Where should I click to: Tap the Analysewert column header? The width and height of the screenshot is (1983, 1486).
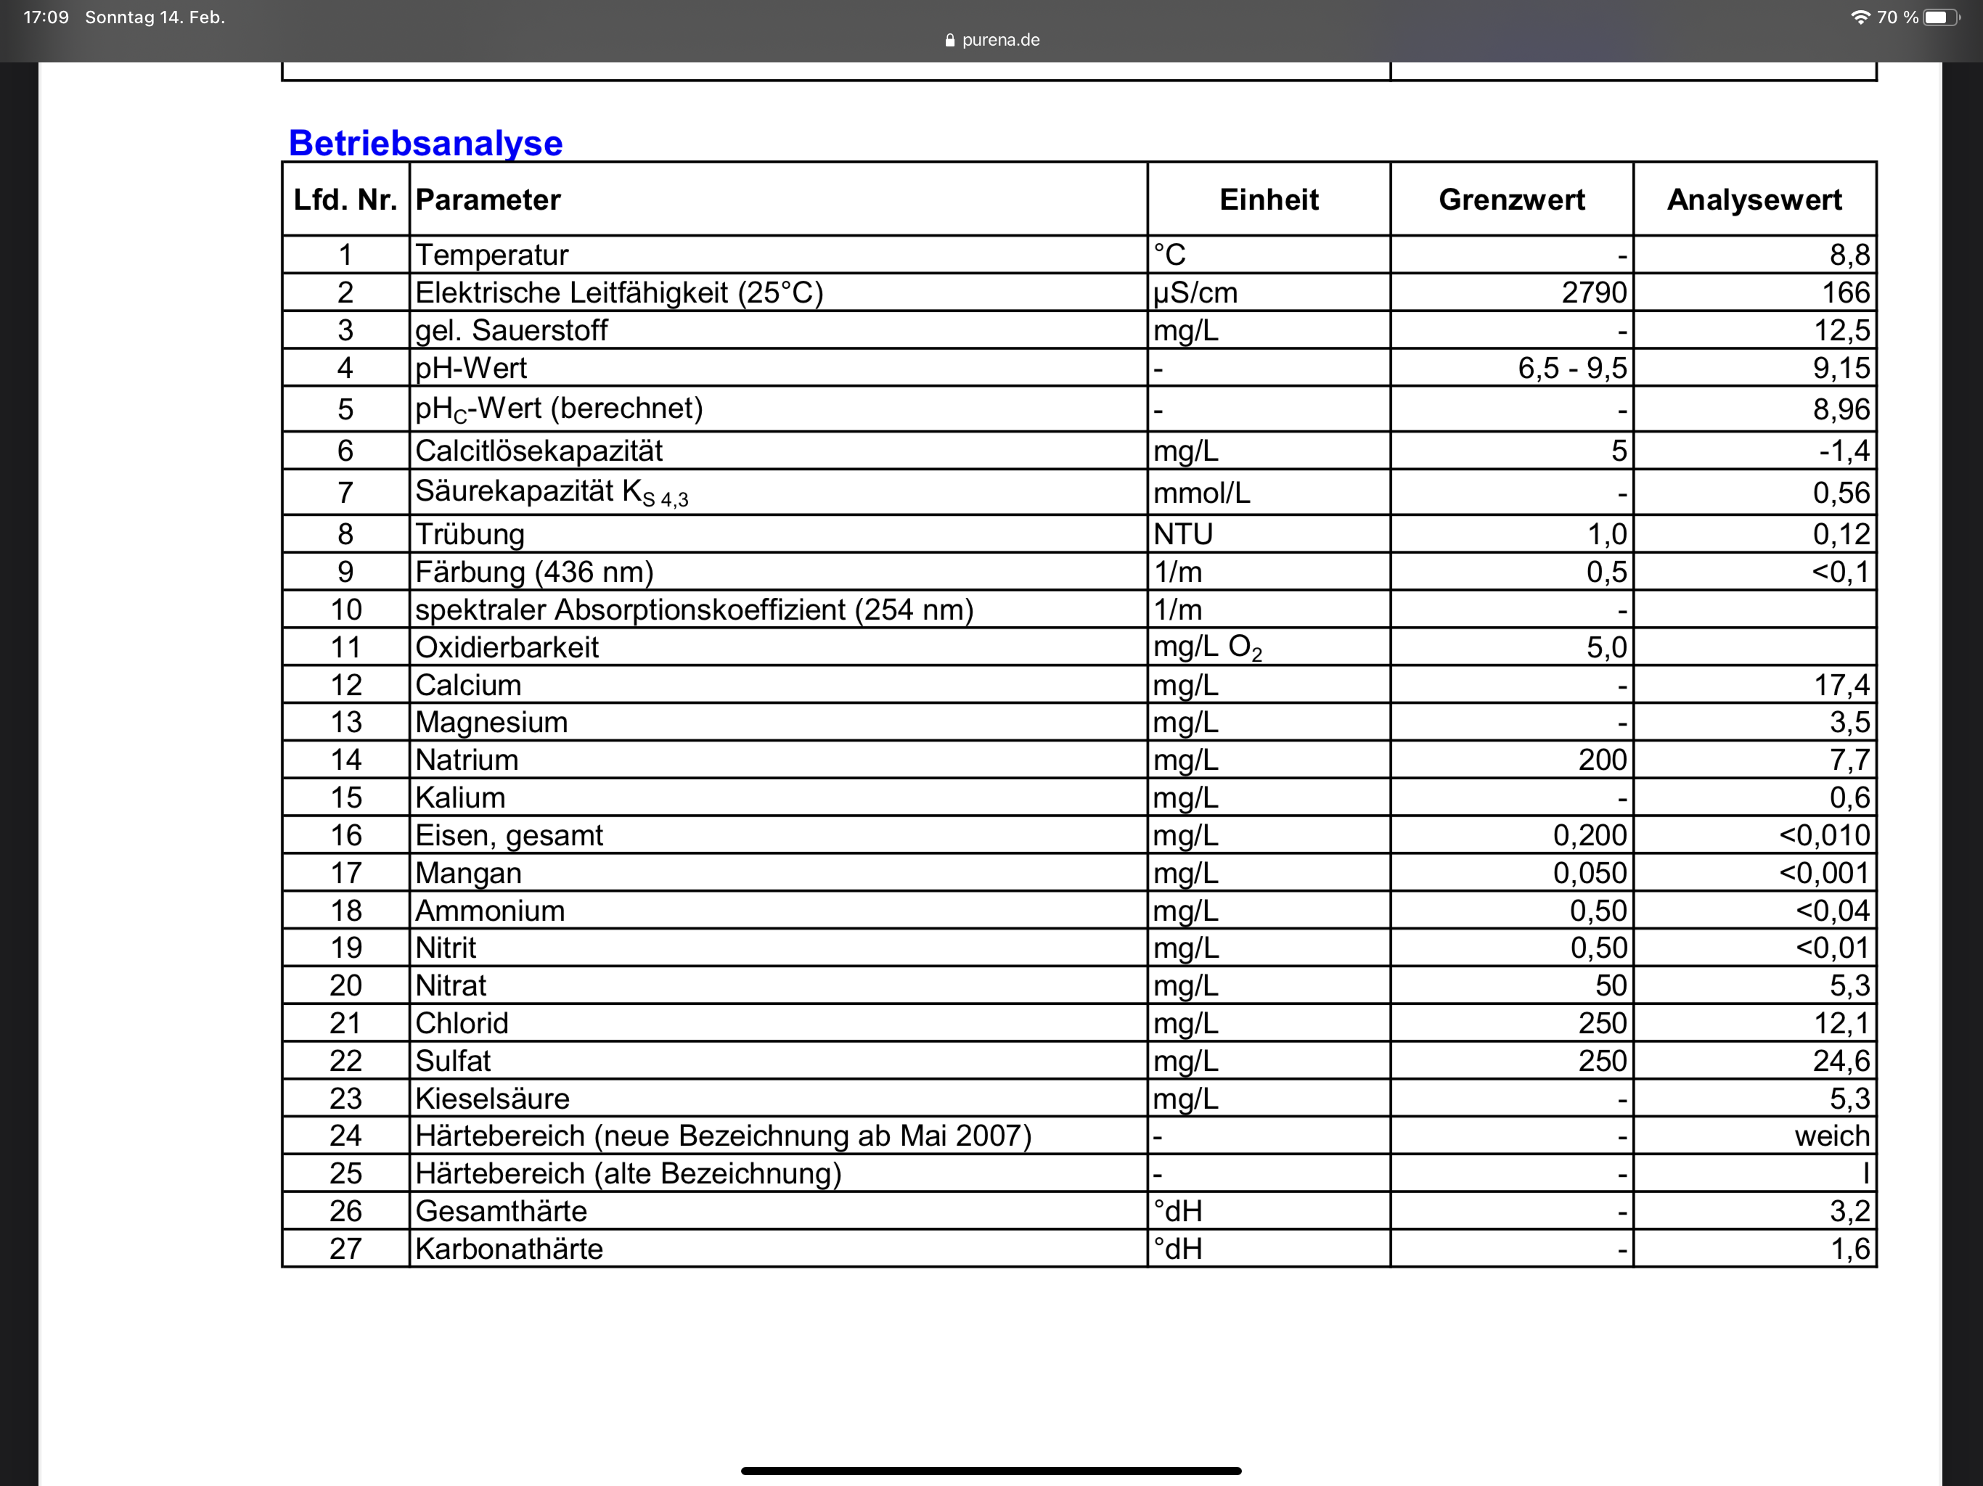coord(1754,200)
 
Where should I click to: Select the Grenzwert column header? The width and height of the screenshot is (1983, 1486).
coord(1511,200)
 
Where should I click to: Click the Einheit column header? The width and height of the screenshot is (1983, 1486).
coord(1269,200)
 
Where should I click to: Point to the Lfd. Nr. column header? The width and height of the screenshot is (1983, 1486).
coord(346,200)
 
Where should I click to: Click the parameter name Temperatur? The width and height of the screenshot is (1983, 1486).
coord(491,255)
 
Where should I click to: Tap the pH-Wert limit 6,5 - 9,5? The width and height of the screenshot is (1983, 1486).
coord(1571,369)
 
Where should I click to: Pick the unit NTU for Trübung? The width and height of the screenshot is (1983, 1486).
coord(1182,534)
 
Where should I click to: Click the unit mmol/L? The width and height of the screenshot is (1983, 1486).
coord(1201,493)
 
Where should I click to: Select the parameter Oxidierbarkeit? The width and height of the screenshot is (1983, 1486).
coord(507,647)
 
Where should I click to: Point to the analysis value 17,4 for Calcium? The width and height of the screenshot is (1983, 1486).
coord(1841,686)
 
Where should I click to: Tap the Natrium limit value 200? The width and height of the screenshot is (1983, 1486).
coord(1602,760)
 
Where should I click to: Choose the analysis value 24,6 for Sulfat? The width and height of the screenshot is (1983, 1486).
coord(1841,1062)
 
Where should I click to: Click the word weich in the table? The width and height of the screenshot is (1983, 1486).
coord(1831,1136)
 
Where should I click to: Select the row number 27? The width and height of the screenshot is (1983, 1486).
coord(346,1249)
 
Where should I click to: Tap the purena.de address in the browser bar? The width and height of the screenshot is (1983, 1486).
coord(999,41)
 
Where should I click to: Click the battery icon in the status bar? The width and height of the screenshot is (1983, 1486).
coord(1940,18)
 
